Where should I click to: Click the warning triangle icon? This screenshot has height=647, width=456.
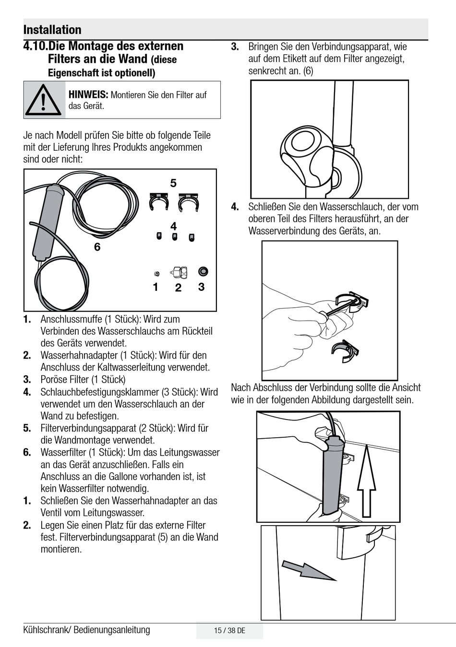44,100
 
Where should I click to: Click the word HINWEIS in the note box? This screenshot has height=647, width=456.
88,95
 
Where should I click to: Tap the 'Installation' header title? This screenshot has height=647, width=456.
52,30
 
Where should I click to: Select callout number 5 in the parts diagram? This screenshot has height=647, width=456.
173,183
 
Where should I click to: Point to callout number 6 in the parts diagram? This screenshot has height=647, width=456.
97,247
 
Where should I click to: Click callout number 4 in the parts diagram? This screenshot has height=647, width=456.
173,226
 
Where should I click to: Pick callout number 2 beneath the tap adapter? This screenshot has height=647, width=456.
178,288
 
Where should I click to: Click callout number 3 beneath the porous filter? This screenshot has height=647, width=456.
201,287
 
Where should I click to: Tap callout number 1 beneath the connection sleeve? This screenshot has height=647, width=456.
156,287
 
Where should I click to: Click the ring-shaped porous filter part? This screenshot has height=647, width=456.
203,272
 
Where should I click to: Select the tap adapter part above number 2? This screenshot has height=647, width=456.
179,273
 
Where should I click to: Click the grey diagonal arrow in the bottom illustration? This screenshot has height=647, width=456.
308,570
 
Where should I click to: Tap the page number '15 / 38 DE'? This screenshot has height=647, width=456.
229,631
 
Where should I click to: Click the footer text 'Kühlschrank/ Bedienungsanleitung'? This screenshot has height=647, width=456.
86,630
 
